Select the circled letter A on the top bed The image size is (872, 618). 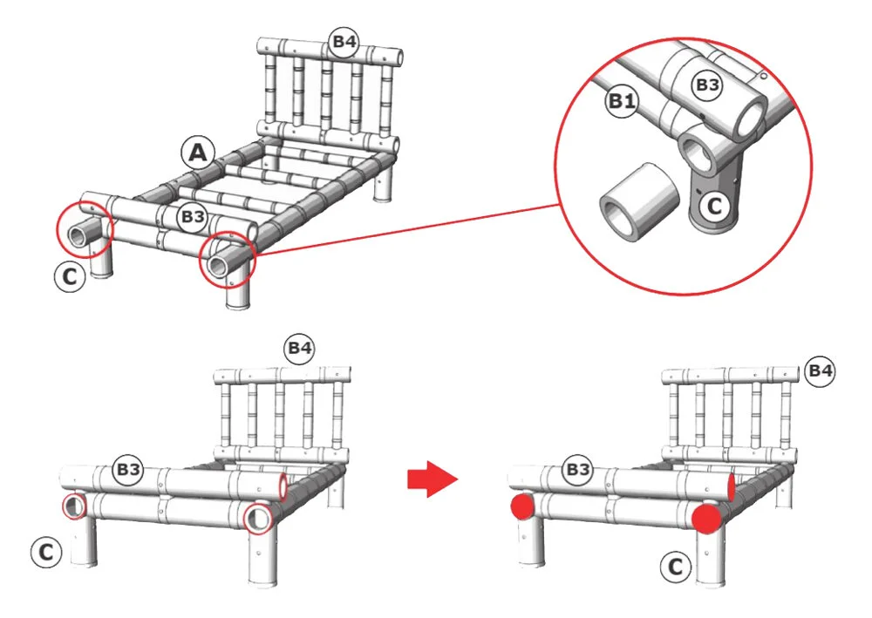tap(198, 153)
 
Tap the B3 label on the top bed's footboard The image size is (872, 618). tap(191, 216)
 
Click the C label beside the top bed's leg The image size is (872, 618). tap(70, 276)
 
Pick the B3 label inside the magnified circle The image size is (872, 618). tap(707, 85)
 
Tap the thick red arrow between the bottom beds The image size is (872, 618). tap(433, 479)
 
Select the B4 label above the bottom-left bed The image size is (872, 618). tap(299, 349)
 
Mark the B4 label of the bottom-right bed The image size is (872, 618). tap(819, 372)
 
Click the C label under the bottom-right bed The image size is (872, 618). tap(673, 567)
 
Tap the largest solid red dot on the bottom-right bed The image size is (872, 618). tap(707, 517)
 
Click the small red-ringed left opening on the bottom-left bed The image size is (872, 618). tap(74, 506)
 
